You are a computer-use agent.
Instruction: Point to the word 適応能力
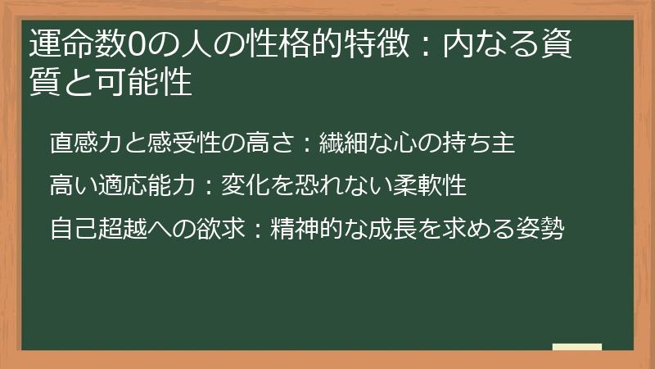[x=147, y=185]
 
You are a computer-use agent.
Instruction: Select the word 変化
[x=245, y=185]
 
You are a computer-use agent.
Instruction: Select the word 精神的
[x=306, y=227]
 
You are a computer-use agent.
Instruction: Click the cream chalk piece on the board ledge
[x=576, y=347]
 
